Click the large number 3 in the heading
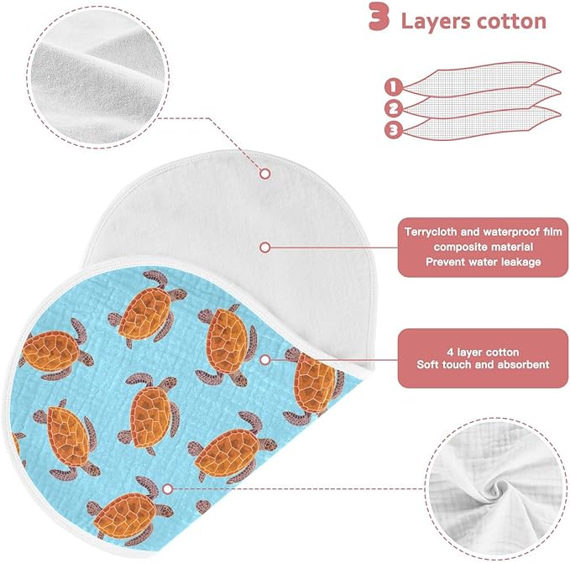(379, 17)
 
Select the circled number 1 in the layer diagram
(393, 86)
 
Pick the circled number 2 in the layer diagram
(394, 108)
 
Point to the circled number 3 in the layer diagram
(394, 130)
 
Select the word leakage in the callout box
(521, 262)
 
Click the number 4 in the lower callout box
(450, 352)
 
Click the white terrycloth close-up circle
(98, 76)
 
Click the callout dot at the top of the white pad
(265, 174)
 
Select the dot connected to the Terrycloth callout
(265, 248)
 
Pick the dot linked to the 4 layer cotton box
(265, 360)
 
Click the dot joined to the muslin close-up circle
(167, 489)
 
